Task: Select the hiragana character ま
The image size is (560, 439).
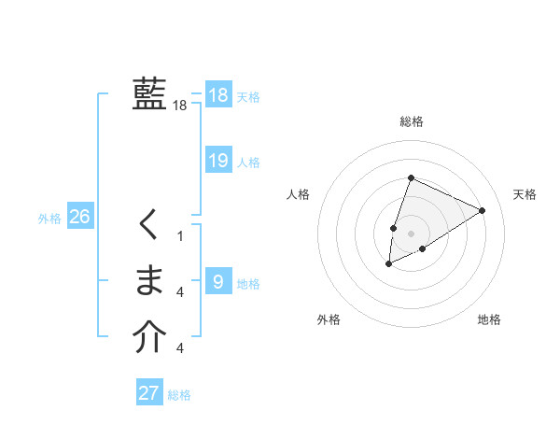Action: (x=149, y=279)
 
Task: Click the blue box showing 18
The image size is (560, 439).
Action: (x=217, y=95)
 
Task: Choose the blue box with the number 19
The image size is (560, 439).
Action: (x=217, y=161)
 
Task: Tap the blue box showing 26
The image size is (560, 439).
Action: (x=79, y=217)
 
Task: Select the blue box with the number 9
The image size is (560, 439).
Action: (x=217, y=281)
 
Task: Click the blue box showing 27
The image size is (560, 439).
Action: (x=149, y=392)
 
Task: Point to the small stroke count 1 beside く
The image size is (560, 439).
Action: (x=181, y=236)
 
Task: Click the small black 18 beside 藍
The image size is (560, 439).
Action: (x=180, y=106)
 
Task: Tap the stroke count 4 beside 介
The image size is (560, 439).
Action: (x=180, y=348)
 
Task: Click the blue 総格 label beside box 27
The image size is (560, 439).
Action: (x=179, y=395)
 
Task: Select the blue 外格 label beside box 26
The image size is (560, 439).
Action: (x=49, y=219)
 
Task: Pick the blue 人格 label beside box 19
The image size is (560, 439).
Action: (x=248, y=163)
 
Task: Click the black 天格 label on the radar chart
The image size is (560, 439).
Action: (x=525, y=194)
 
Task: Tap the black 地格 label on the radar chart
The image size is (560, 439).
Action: (x=489, y=319)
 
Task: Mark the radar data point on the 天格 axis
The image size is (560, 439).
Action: (x=483, y=210)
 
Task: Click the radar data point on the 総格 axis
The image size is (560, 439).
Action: (x=411, y=177)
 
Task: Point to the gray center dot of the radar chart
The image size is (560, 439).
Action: (x=411, y=234)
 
